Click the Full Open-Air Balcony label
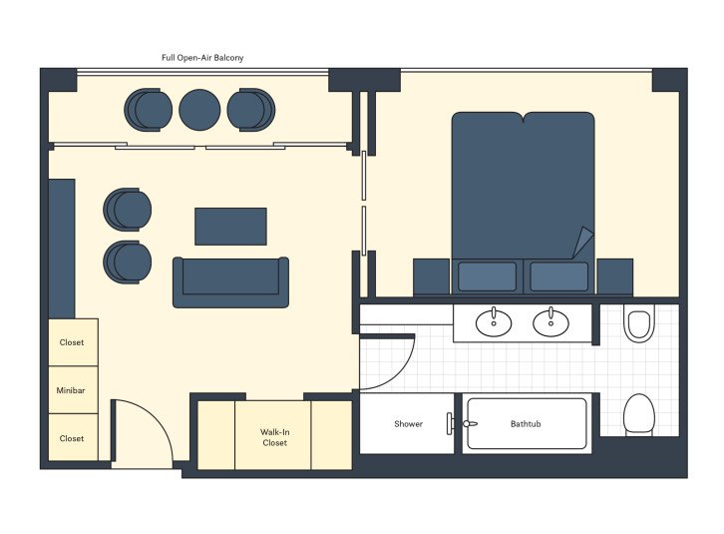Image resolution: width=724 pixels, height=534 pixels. [x=202, y=58]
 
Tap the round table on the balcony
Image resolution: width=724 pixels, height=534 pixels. [x=199, y=109]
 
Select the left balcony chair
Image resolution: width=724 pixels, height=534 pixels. [x=149, y=109]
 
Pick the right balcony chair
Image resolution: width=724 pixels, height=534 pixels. [x=250, y=109]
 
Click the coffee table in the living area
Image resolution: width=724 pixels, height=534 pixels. [x=230, y=227]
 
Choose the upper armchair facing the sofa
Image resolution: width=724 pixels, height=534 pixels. [x=129, y=210]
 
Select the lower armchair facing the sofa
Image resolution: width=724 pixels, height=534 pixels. [x=129, y=262]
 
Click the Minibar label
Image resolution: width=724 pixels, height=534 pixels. [x=72, y=390]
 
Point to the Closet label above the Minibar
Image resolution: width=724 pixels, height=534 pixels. [x=72, y=342]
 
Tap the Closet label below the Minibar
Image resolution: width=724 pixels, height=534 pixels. [x=72, y=438]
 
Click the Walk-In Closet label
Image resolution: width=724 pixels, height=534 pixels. [x=274, y=437]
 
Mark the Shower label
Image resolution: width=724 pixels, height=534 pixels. [x=408, y=424]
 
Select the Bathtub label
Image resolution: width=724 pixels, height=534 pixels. [x=526, y=424]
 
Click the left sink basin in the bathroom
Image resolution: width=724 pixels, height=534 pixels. [x=493, y=321]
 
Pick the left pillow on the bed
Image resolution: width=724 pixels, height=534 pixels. [x=487, y=275]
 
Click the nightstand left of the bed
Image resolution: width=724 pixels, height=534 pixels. [x=432, y=276]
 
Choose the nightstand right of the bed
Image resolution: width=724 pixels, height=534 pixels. [x=614, y=276]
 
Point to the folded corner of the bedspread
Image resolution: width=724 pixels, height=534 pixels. [x=579, y=243]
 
